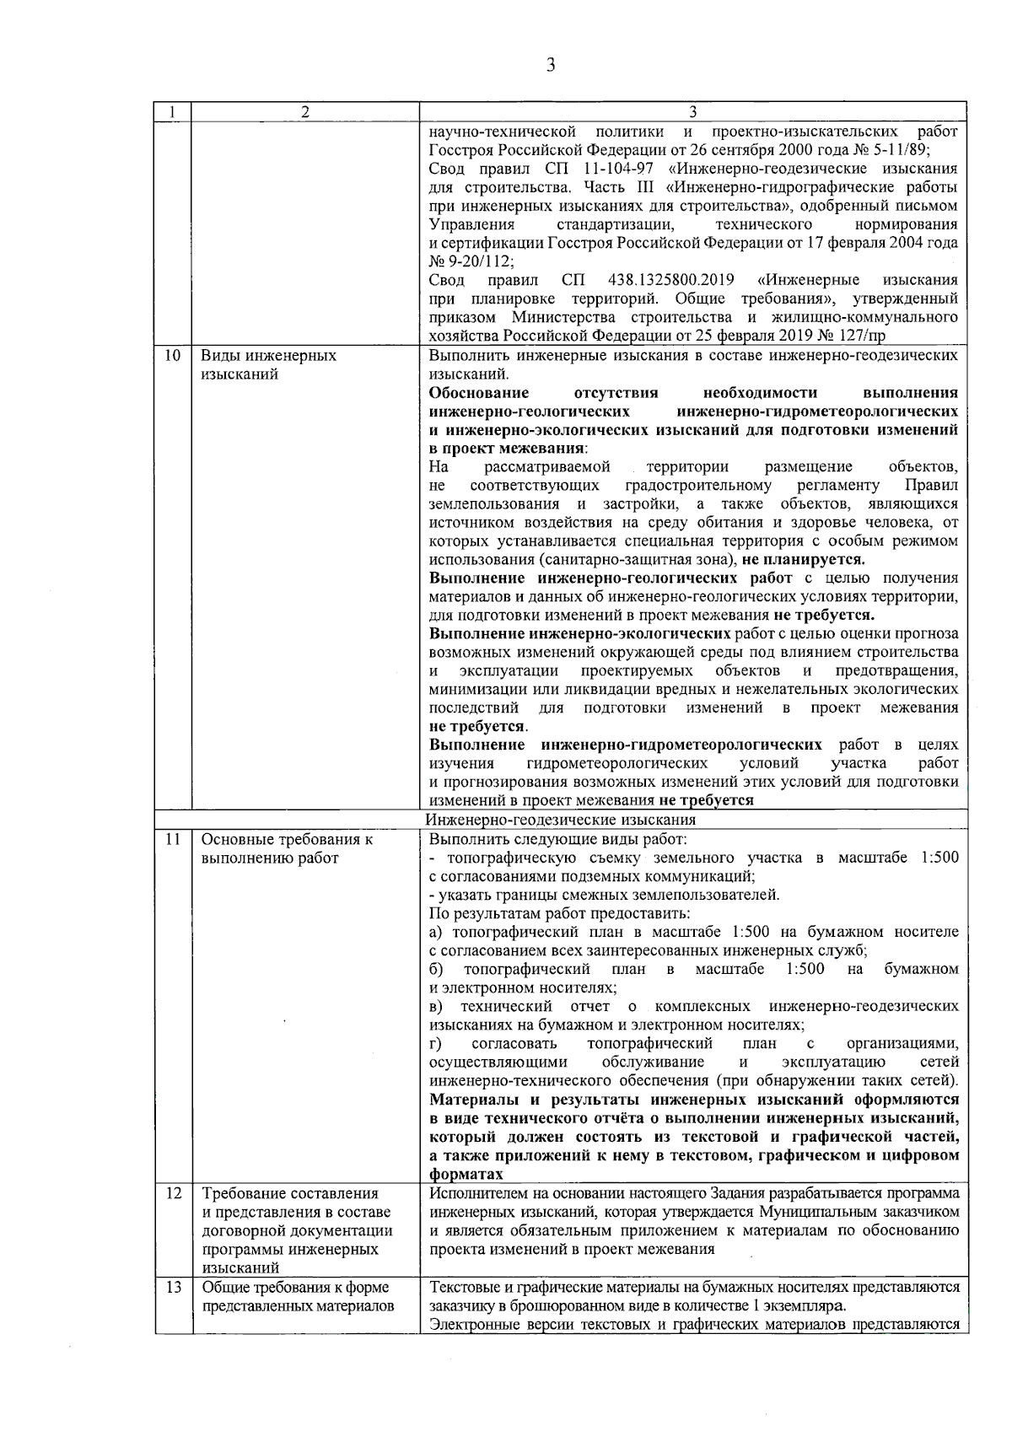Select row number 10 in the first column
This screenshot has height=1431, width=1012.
172,356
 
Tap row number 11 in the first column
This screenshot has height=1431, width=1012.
172,840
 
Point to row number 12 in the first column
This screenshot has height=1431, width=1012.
172,1194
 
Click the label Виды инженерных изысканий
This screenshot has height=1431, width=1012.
268,364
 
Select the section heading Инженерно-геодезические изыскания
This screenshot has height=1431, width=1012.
561,820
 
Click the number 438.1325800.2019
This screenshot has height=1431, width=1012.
670,280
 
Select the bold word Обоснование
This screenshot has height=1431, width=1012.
479,393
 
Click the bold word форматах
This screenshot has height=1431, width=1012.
466,1175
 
